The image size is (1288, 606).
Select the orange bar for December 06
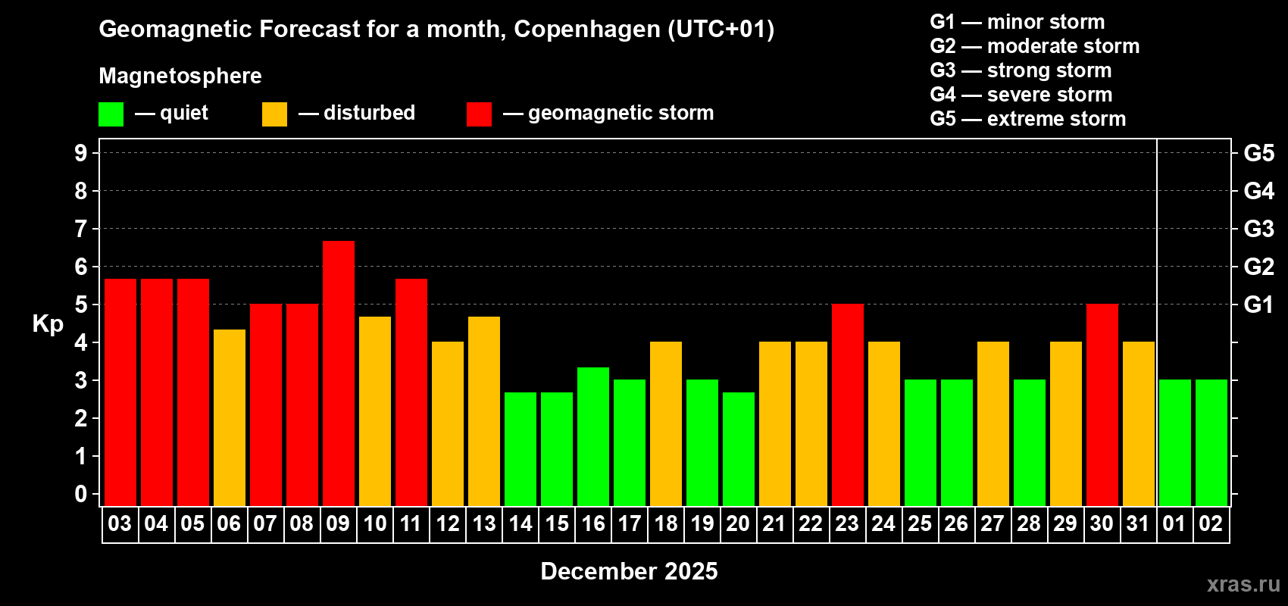click(x=230, y=417)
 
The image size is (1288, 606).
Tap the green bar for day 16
click(x=593, y=436)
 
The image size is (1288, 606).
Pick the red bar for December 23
click(x=848, y=405)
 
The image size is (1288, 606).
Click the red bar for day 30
click(x=1102, y=405)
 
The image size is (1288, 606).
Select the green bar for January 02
click(x=1211, y=442)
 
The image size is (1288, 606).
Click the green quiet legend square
click(x=111, y=114)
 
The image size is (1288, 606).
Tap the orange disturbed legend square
click(x=274, y=114)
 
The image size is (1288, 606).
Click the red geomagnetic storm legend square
click(x=479, y=114)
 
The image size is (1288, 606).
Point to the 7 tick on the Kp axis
click(x=81, y=229)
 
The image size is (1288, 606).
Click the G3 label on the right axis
click(x=1258, y=229)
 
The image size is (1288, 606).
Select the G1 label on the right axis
click(x=1258, y=305)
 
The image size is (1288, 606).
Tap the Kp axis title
click(x=48, y=324)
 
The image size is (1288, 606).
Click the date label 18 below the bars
click(x=666, y=524)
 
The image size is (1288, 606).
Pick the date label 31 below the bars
click(x=1138, y=524)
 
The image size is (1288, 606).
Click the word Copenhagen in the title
click(x=587, y=30)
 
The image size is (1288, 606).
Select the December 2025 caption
click(x=629, y=571)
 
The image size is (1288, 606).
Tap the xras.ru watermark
click(x=1243, y=584)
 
